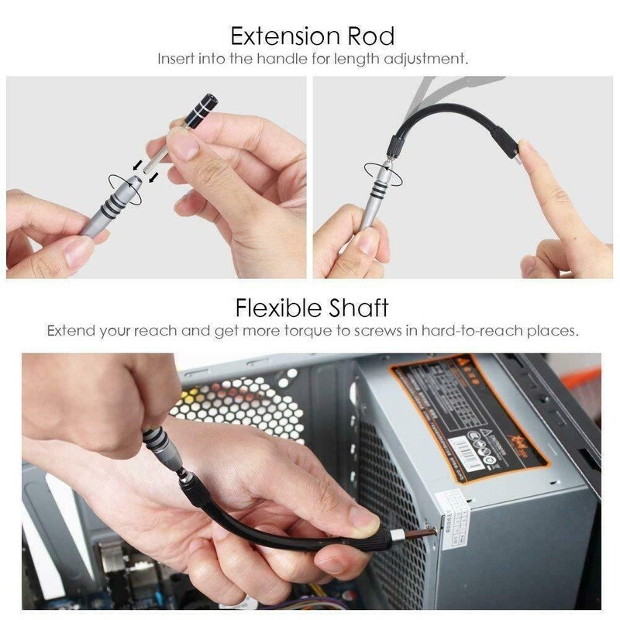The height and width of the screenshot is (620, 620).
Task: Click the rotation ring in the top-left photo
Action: pos(124,188)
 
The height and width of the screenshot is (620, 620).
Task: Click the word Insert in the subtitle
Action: pos(176,59)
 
